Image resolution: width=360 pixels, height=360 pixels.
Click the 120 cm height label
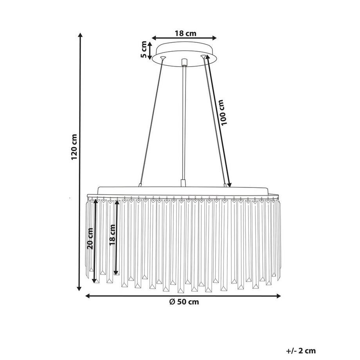tap(75, 147)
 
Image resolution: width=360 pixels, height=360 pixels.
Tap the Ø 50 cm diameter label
tap(184, 302)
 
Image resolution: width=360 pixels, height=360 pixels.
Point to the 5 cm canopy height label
tap(144, 49)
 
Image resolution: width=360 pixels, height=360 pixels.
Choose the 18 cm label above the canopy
tap(185, 34)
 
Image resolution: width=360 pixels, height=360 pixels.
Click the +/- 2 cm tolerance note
tap(301, 345)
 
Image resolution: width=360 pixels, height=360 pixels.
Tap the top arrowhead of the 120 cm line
tap(80, 35)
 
